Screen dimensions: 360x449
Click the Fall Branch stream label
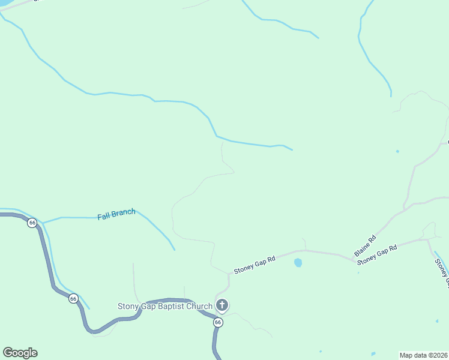point(116,214)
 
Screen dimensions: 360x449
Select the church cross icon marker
point(222,306)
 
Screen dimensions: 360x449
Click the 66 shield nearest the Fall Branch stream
point(32,223)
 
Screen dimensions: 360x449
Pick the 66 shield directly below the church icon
point(218,323)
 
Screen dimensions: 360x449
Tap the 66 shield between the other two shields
point(73,298)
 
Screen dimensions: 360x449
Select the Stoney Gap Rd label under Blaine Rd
point(377,255)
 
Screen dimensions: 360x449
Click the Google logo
point(20,353)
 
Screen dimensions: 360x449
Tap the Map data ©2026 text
point(424,355)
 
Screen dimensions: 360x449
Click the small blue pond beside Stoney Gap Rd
point(298,263)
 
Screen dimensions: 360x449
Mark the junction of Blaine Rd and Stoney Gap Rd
point(355,261)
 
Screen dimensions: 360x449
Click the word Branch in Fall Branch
point(124,213)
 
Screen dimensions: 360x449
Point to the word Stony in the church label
point(128,307)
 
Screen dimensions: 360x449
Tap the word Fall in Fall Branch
point(104,215)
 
